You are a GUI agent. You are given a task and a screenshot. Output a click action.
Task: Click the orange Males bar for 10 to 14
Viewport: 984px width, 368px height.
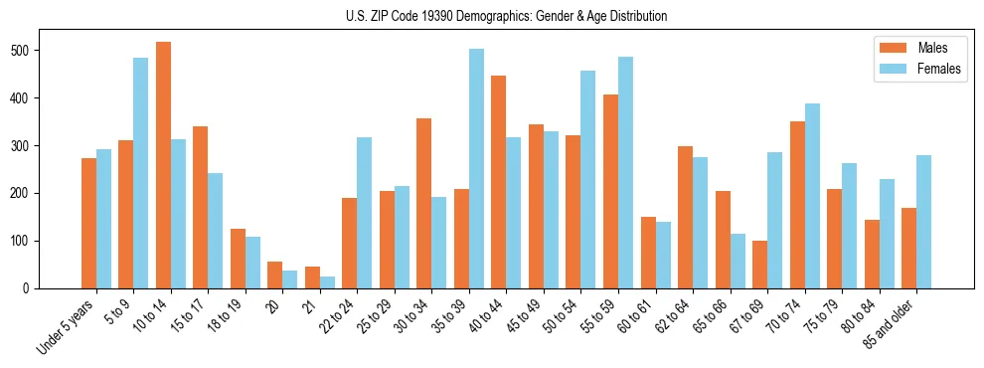[163, 165]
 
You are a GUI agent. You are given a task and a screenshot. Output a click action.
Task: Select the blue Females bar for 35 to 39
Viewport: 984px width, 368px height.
[476, 169]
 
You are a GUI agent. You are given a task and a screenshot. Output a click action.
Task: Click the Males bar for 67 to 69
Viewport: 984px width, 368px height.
[759, 265]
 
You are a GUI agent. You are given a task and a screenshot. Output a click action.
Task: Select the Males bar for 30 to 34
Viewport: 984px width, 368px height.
[424, 204]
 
